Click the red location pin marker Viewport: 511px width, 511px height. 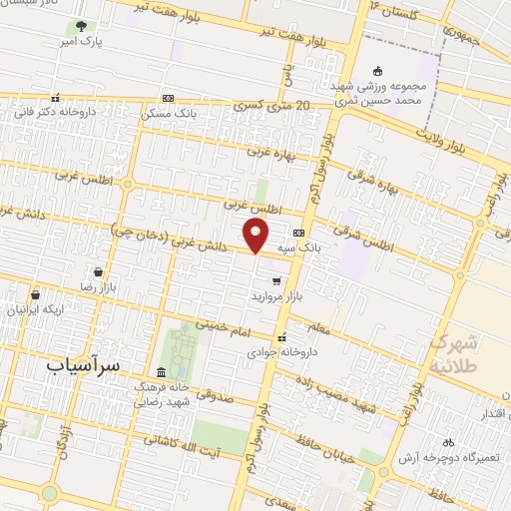pos(256,237)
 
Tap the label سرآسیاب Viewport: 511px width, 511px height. pos(82,365)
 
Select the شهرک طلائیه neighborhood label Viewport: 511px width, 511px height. pos(456,354)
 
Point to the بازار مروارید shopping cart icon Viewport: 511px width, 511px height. pos(276,281)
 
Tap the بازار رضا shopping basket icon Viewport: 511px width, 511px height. pos(98,271)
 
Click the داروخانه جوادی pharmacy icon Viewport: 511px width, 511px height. pos(282,336)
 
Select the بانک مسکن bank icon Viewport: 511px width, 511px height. pos(167,99)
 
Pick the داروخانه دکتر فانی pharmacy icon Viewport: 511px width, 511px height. pos(55,98)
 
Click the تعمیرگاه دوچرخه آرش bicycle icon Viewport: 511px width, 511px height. pos(448,441)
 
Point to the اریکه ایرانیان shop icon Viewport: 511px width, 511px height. pos(35,294)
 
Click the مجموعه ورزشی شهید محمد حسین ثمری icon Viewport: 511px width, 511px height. pos(377,71)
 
